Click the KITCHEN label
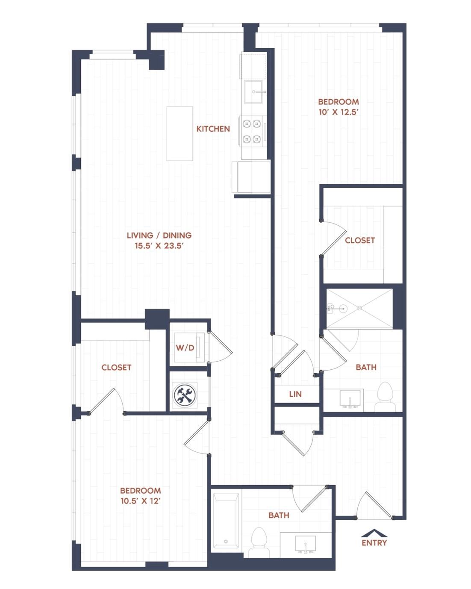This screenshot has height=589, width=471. (x=213, y=129)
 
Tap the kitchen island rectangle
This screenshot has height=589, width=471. (x=180, y=133)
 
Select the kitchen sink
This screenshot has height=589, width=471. (x=253, y=92)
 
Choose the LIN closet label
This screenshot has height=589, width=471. (x=295, y=394)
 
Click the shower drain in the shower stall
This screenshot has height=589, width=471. (x=359, y=309)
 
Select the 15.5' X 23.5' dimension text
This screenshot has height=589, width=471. (x=159, y=246)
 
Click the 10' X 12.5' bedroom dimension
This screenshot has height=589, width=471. (x=339, y=112)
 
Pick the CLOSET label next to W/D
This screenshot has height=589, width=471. (x=116, y=367)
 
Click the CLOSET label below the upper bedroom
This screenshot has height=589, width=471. (x=360, y=240)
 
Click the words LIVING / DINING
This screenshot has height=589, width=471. (x=159, y=236)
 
